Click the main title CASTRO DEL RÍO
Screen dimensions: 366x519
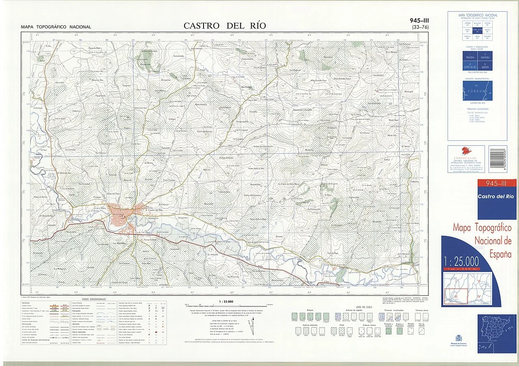point(225,26)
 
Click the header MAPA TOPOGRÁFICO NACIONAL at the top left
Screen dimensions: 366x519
point(56,27)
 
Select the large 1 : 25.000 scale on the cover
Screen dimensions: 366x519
point(461,261)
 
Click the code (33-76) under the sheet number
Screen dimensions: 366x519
point(420,28)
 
